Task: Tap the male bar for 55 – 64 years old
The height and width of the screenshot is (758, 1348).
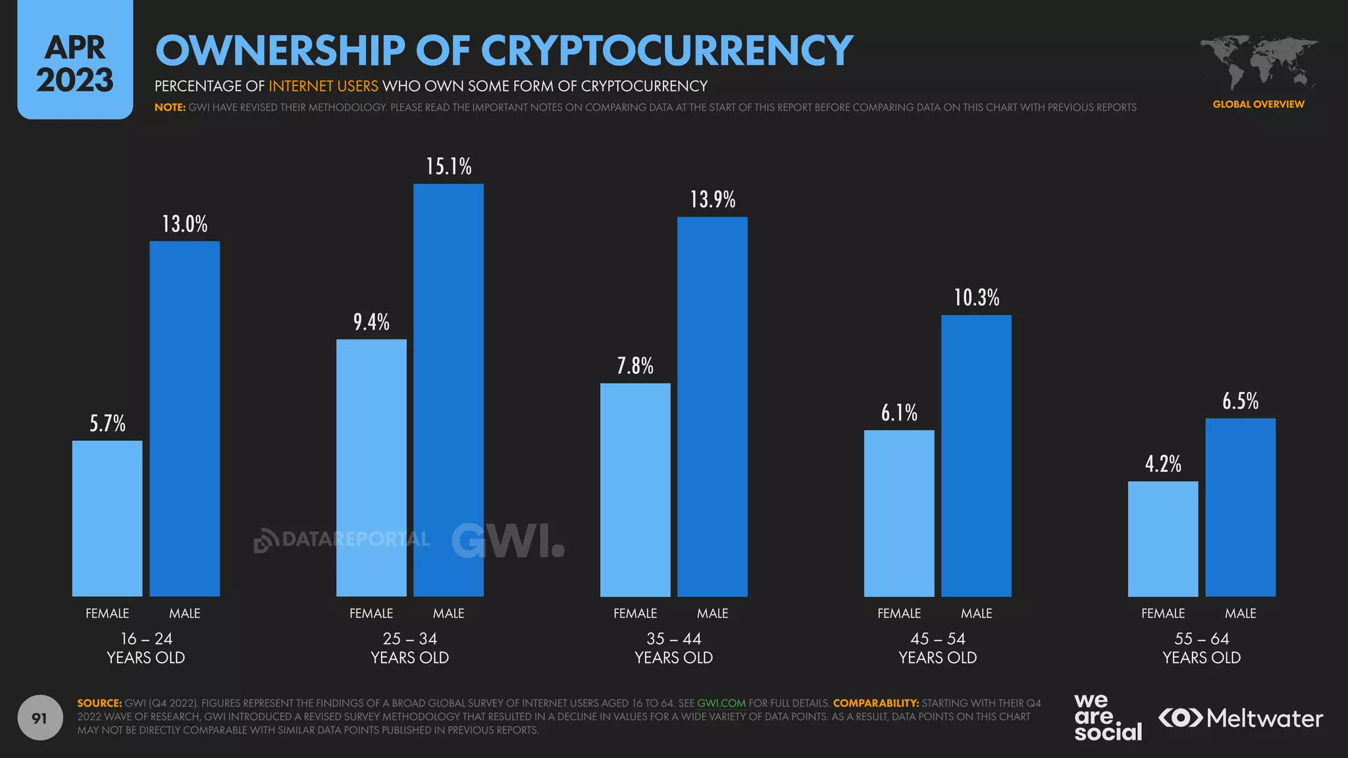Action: (1240, 507)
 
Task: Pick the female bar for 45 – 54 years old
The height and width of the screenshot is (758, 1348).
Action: (899, 513)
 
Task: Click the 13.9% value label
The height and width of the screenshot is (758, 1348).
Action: (712, 199)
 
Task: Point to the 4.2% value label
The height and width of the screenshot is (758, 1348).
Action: (1163, 464)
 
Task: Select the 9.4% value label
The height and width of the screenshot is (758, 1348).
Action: (371, 322)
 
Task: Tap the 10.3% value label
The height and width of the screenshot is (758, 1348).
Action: (976, 297)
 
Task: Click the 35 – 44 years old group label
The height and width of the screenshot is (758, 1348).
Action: (673, 647)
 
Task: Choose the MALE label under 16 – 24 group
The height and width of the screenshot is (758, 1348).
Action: (184, 613)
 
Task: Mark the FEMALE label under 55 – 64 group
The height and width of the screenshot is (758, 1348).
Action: (1163, 613)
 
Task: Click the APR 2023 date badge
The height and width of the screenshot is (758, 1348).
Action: (75, 63)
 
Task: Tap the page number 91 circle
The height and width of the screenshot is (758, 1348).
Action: (39, 718)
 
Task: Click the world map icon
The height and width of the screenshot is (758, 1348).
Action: (1258, 63)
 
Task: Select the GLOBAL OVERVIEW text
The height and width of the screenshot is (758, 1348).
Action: (1258, 104)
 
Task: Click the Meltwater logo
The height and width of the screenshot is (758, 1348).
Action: (1241, 718)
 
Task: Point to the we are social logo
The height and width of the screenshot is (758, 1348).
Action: (1107, 717)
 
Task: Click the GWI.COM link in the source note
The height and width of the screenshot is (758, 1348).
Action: (721, 703)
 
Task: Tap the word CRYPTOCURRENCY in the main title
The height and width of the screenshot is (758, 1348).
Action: (667, 51)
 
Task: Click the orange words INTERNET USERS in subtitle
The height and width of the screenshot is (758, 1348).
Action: (323, 86)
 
